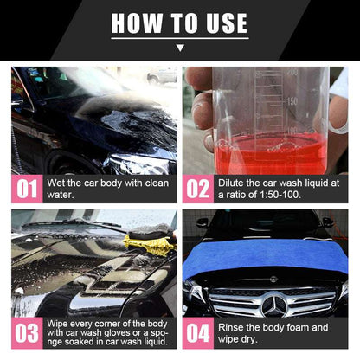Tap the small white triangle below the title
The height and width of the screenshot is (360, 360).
coord(180,49)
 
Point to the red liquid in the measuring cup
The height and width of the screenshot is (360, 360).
coord(268,156)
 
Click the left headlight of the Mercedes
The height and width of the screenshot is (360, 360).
coord(197,297)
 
